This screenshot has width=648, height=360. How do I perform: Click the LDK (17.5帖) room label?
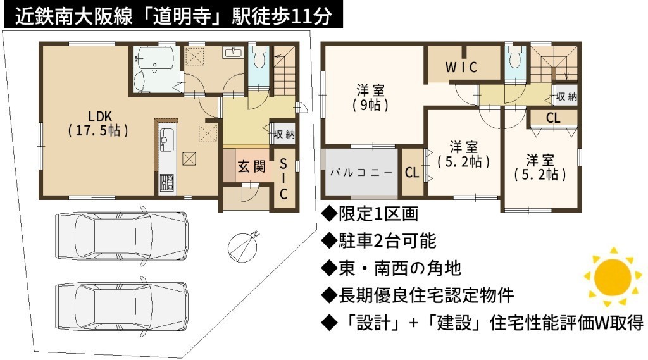pyautogui.click(x=98, y=123)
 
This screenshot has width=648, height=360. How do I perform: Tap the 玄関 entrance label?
pyautogui.click(x=251, y=166)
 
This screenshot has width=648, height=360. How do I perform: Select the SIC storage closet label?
pyautogui.click(x=283, y=178)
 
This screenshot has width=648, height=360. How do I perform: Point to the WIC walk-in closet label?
pyautogui.click(x=461, y=67)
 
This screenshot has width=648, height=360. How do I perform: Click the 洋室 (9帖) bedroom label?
pyautogui.click(x=370, y=97)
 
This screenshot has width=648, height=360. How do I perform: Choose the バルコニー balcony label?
pyautogui.click(x=361, y=172)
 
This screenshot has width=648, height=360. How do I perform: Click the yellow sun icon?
pyautogui.click(x=612, y=277)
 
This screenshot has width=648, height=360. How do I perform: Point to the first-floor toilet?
pyautogui.click(x=259, y=57)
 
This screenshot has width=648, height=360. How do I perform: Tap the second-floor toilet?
pyautogui.click(x=515, y=57)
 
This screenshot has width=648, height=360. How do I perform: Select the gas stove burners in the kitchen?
pyautogui.click(x=166, y=183)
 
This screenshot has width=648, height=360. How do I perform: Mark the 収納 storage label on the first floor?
pyautogui.click(x=284, y=134)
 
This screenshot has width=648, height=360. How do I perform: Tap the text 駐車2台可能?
pyautogui.click(x=387, y=240)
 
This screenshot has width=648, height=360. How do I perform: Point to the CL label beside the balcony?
pyautogui.click(x=412, y=172)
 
